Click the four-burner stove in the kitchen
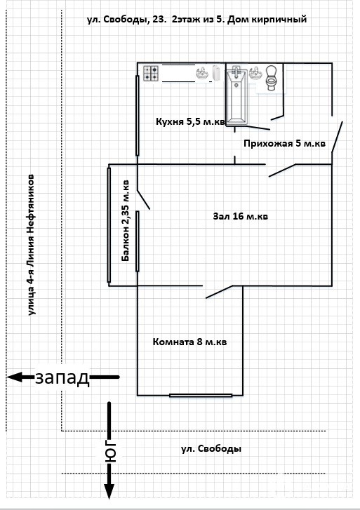[151, 74]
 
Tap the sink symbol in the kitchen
[203, 73]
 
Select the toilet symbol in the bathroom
[271, 78]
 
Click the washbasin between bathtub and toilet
[255, 73]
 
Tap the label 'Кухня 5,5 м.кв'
[190, 121]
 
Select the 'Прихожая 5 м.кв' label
[284, 143]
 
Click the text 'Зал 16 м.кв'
[241, 216]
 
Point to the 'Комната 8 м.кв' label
[189, 342]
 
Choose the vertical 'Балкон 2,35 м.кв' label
[126, 221]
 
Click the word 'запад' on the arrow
[62, 377]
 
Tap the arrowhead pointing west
[14, 377]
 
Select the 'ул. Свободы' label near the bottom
[211, 449]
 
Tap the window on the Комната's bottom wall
[201, 396]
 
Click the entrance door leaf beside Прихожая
[337, 137]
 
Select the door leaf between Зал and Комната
[219, 292]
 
